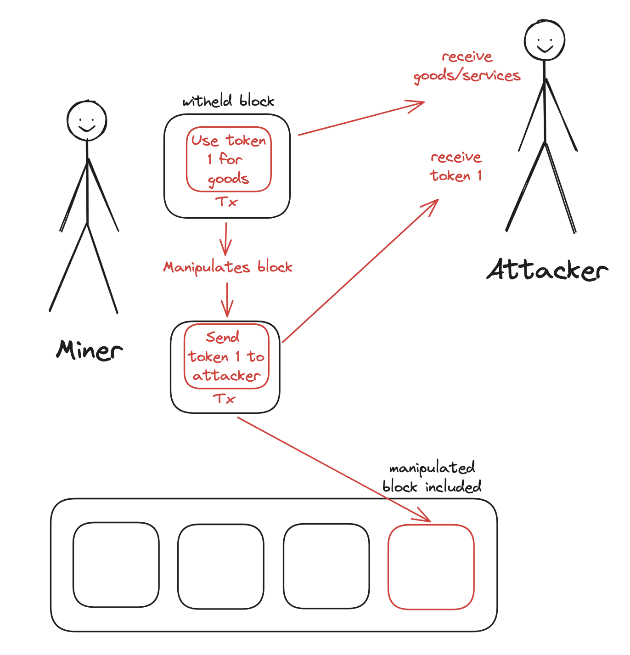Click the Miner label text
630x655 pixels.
point(90,350)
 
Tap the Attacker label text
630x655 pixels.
point(547,270)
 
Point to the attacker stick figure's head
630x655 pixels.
point(545,40)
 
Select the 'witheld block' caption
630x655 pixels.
point(228,101)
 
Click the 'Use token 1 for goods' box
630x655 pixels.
point(229,159)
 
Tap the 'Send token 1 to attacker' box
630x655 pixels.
point(226,356)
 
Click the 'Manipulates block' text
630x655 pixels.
point(228,267)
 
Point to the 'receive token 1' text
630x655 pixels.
point(456,166)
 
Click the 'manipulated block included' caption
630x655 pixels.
point(432,478)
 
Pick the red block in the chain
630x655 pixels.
point(431,567)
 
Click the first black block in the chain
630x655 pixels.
point(116,565)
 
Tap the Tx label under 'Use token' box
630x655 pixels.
point(226,202)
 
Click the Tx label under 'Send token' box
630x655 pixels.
point(225,399)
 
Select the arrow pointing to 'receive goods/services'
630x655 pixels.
point(360,119)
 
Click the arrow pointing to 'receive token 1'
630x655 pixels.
point(360,271)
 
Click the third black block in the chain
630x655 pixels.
point(326,566)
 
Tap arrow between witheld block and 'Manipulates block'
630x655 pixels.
point(225,239)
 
